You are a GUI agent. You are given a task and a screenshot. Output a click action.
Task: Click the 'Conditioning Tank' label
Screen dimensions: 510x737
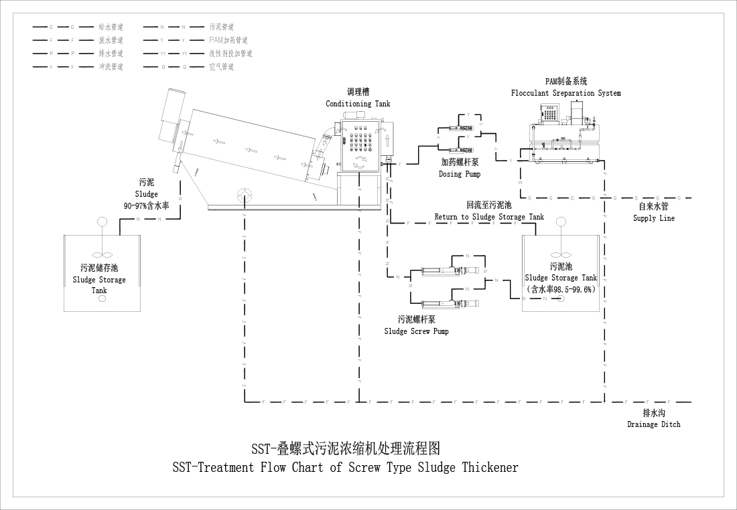point(358,104)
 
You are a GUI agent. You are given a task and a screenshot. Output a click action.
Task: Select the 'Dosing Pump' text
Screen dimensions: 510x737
point(459,174)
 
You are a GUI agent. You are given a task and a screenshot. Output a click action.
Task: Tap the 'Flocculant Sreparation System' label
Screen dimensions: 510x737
point(565,93)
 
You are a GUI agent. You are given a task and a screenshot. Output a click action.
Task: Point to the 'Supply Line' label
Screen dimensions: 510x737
point(653,218)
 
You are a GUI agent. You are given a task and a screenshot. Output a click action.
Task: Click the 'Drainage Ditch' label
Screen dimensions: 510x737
point(653,424)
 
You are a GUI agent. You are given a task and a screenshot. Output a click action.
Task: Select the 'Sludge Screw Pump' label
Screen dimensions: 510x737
point(416,331)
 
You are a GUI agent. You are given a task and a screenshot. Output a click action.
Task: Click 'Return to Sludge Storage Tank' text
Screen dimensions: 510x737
point(489,217)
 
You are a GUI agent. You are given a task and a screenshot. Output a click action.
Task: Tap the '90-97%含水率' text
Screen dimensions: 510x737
point(146,205)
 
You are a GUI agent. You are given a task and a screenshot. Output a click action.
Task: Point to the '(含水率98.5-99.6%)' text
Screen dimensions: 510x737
point(561,289)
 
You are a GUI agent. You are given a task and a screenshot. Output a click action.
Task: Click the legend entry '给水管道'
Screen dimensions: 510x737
point(111,27)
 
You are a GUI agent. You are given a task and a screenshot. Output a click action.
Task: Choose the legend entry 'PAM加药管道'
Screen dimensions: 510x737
point(228,40)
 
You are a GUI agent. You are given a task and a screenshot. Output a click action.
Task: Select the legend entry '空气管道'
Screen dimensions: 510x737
point(221,67)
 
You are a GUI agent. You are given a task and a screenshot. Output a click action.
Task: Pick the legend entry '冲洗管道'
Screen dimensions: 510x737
point(111,67)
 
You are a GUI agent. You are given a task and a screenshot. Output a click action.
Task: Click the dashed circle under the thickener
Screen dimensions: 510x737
point(245,195)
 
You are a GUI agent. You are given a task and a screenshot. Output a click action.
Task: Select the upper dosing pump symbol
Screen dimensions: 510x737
point(456,126)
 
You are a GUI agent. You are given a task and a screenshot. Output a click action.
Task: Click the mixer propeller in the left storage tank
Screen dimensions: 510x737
point(102,254)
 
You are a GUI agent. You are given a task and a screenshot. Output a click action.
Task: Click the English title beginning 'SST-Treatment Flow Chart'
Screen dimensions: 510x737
point(345,467)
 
